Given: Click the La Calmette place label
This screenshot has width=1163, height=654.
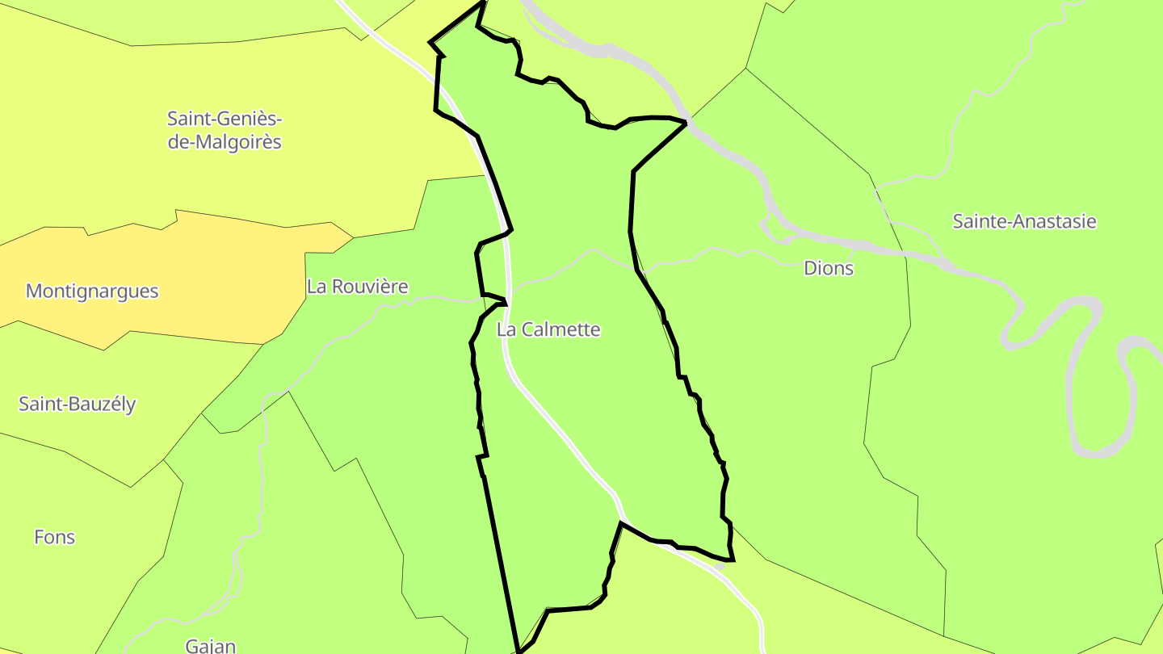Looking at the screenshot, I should pyautogui.click(x=548, y=329).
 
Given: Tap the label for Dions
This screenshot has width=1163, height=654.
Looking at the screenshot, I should pyautogui.click(x=829, y=269).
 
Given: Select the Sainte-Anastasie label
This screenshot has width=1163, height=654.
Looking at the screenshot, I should pyautogui.click(x=1024, y=221).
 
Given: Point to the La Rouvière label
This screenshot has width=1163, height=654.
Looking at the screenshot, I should pyautogui.click(x=357, y=287).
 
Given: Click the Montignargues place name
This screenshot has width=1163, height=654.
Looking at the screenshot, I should pyautogui.click(x=92, y=291).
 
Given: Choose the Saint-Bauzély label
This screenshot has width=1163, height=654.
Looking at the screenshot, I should pyautogui.click(x=78, y=404).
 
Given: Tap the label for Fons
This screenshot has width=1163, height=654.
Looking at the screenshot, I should pyautogui.click(x=54, y=537).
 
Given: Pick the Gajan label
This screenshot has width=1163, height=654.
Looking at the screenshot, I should pyautogui.click(x=210, y=646).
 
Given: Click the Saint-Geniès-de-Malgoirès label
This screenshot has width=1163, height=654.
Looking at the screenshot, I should pyautogui.click(x=225, y=130).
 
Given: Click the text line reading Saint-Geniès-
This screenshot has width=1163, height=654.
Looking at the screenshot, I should pyautogui.click(x=225, y=119).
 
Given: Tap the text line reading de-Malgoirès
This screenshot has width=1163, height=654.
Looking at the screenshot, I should pyautogui.click(x=225, y=142).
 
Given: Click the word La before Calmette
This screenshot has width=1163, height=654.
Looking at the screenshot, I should pyautogui.click(x=506, y=329).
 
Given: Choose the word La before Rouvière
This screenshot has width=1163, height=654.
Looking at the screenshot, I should pyautogui.click(x=316, y=287).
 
